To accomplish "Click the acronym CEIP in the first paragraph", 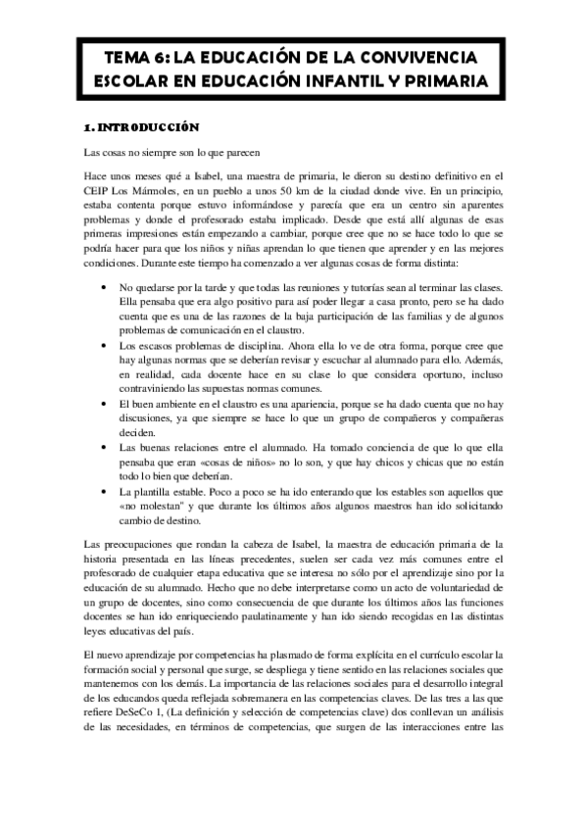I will coord(99,192).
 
